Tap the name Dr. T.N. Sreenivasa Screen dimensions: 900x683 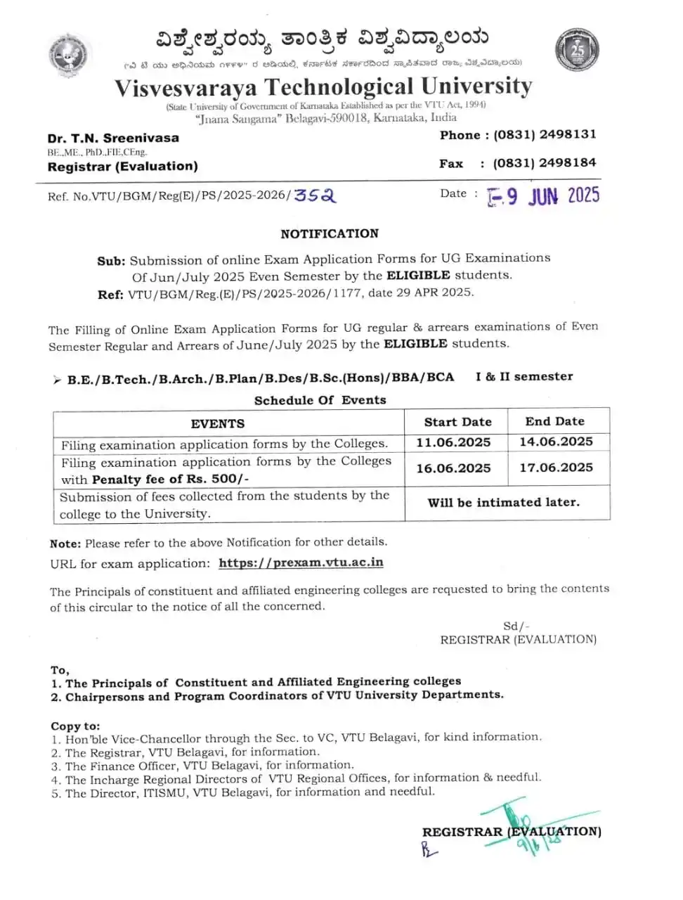tap(113, 138)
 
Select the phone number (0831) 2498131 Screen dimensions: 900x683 tap(545, 134)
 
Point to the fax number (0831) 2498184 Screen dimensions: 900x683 tap(545, 163)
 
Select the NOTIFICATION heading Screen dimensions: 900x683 tap(330, 233)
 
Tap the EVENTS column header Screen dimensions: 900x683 tap(218, 423)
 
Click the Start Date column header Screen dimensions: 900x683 tap(457, 422)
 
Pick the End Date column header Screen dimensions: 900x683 tap(554, 421)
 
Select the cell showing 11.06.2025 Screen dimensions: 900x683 tap(453, 442)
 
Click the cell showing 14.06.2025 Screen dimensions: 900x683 tap(556, 442)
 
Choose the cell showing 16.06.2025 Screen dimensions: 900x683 tap(453, 468)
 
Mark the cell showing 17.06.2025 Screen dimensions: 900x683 tap(556, 468)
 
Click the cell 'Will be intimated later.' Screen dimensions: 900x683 tap(503, 503)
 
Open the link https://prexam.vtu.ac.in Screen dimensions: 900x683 tap(301, 562)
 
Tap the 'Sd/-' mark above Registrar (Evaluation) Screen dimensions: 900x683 tap(516, 626)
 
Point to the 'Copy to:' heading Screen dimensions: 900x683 tap(75, 726)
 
